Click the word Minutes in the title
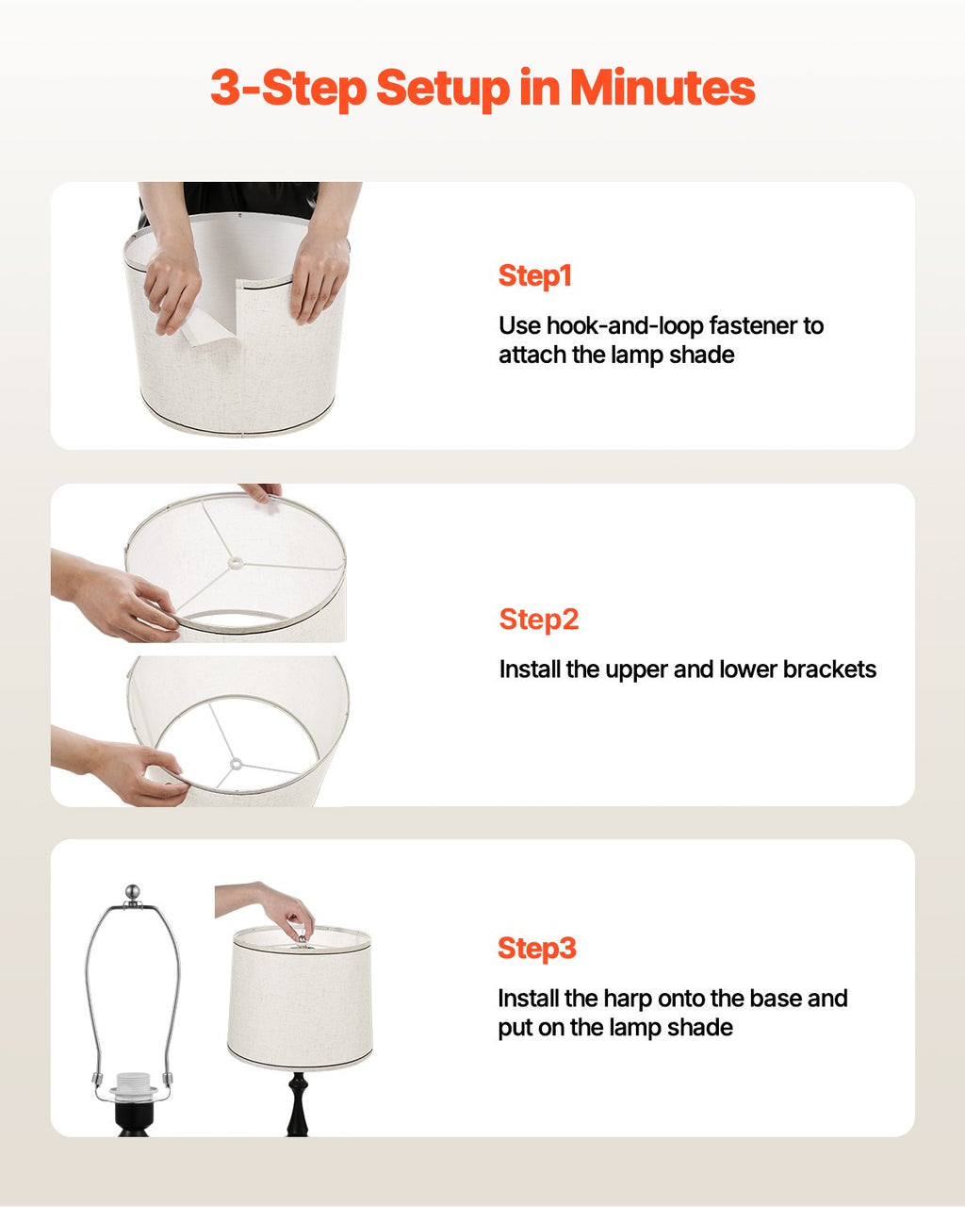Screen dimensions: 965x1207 (x=662, y=88)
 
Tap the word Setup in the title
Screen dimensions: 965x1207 (x=443, y=90)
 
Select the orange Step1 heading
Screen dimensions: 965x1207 (x=535, y=276)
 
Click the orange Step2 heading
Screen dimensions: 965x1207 (x=539, y=620)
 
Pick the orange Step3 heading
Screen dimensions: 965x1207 (x=537, y=948)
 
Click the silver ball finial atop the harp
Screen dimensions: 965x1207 (x=132, y=892)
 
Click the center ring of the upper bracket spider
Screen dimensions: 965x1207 (x=236, y=561)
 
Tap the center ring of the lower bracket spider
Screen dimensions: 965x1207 (x=236, y=764)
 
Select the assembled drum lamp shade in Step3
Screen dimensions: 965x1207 (x=301, y=998)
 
